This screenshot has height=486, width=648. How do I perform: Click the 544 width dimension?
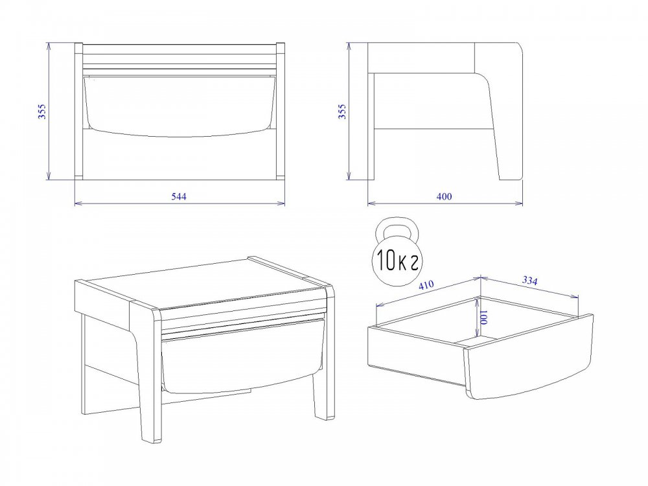click(x=179, y=196)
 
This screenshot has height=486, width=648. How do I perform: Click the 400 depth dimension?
click(x=445, y=196)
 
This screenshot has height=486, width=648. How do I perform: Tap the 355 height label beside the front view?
click(x=42, y=111)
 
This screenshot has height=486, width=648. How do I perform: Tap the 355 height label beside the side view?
click(x=342, y=111)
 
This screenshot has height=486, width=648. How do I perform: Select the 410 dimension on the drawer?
click(x=426, y=285)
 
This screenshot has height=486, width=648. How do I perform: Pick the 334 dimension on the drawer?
click(x=530, y=281)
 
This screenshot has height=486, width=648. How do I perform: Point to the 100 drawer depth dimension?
click(x=484, y=318)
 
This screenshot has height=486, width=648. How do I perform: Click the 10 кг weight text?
click(x=397, y=261)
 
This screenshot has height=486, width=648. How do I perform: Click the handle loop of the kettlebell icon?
click(x=398, y=228)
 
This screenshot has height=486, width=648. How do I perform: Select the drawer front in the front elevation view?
click(x=179, y=106)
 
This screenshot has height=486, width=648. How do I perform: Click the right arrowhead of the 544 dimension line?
click(x=282, y=203)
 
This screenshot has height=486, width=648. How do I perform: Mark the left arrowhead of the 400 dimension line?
click(x=371, y=203)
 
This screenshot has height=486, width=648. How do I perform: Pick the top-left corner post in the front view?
click(x=78, y=49)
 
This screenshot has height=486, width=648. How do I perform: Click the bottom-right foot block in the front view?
click(x=280, y=178)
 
